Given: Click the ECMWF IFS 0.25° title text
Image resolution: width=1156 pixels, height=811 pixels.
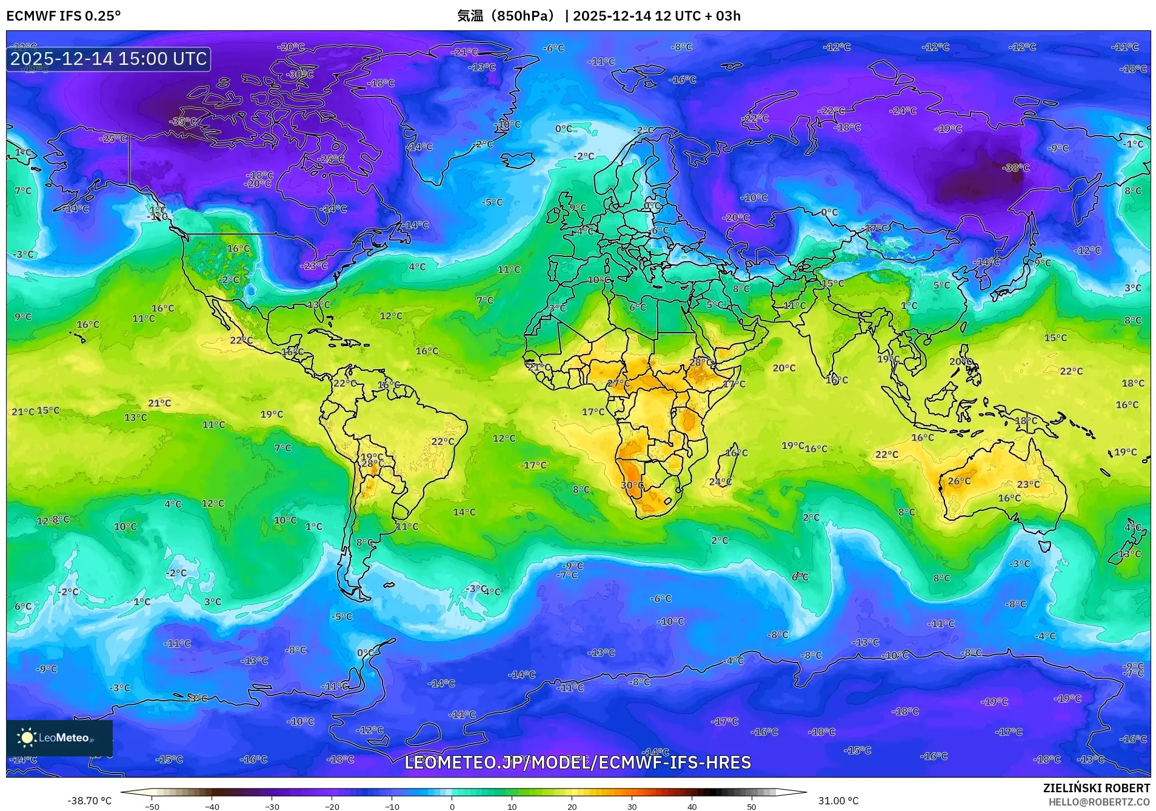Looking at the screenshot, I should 64,16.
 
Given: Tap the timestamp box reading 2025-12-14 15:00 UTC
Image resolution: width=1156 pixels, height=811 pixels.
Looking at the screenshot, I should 109,59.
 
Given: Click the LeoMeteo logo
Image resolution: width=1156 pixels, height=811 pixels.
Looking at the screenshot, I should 59,738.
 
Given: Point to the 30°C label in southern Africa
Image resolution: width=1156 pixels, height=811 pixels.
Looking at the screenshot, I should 632,486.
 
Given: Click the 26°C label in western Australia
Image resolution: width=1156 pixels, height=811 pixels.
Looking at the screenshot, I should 959,481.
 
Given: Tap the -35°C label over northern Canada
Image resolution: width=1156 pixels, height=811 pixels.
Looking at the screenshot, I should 182,121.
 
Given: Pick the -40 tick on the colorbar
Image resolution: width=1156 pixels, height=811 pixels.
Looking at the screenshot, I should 212,807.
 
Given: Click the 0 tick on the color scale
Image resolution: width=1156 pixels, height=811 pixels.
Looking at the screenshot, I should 452,807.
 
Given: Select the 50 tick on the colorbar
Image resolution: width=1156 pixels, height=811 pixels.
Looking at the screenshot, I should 752,807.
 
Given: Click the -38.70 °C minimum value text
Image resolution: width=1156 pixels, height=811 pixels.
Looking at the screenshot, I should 89,801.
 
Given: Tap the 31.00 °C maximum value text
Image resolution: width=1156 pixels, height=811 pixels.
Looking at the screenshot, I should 838,801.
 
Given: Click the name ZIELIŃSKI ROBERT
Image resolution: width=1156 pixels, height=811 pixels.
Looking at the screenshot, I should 1096,788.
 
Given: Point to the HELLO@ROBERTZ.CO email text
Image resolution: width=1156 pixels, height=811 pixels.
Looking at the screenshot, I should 1099,802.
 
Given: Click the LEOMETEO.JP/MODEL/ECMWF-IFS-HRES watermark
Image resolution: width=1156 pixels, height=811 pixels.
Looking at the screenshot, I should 578,763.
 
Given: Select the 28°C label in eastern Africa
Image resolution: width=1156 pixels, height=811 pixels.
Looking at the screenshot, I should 701,362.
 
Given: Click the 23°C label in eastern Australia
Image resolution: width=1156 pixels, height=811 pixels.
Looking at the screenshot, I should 1028,484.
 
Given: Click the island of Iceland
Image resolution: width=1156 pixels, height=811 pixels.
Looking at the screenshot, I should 518,159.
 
